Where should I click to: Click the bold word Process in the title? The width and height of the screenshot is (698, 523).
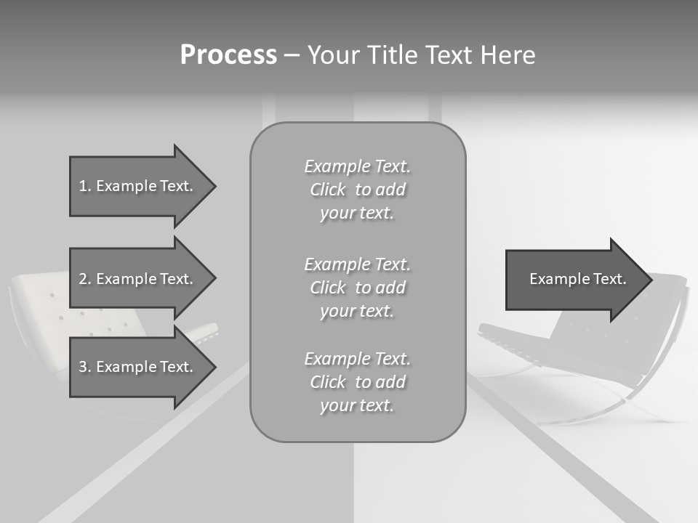point(228,55)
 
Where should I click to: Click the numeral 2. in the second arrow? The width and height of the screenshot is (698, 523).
point(84,279)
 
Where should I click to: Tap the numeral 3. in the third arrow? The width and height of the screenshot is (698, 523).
point(84,367)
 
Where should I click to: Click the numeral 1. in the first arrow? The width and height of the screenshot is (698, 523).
point(84,186)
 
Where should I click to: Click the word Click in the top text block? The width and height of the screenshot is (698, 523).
point(328,190)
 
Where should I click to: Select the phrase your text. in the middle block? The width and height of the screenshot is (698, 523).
point(356,311)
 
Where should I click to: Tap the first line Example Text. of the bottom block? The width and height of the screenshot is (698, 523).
point(357,359)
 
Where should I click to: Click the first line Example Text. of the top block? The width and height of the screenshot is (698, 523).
point(357,166)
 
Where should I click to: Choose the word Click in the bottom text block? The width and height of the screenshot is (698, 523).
point(328,382)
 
